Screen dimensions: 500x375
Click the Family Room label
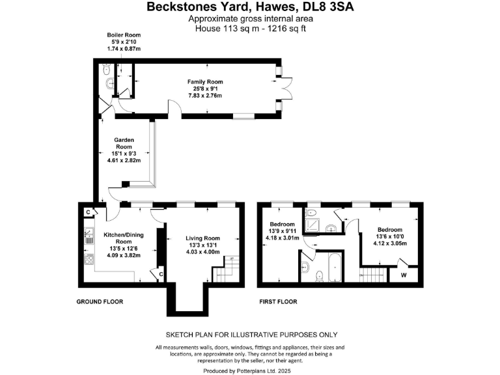click(x=205, y=82)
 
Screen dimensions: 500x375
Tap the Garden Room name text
click(x=124, y=144)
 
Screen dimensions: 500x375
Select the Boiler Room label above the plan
click(x=124, y=35)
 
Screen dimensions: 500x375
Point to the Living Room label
click(x=203, y=238)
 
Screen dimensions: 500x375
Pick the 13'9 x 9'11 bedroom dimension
click(x=283, y=230)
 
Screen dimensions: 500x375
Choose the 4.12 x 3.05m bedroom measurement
click(x=390, y=243)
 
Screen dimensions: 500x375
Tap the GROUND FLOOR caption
click(x=100, y=302)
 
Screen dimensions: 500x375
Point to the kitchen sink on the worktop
click(x=87, y=233)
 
